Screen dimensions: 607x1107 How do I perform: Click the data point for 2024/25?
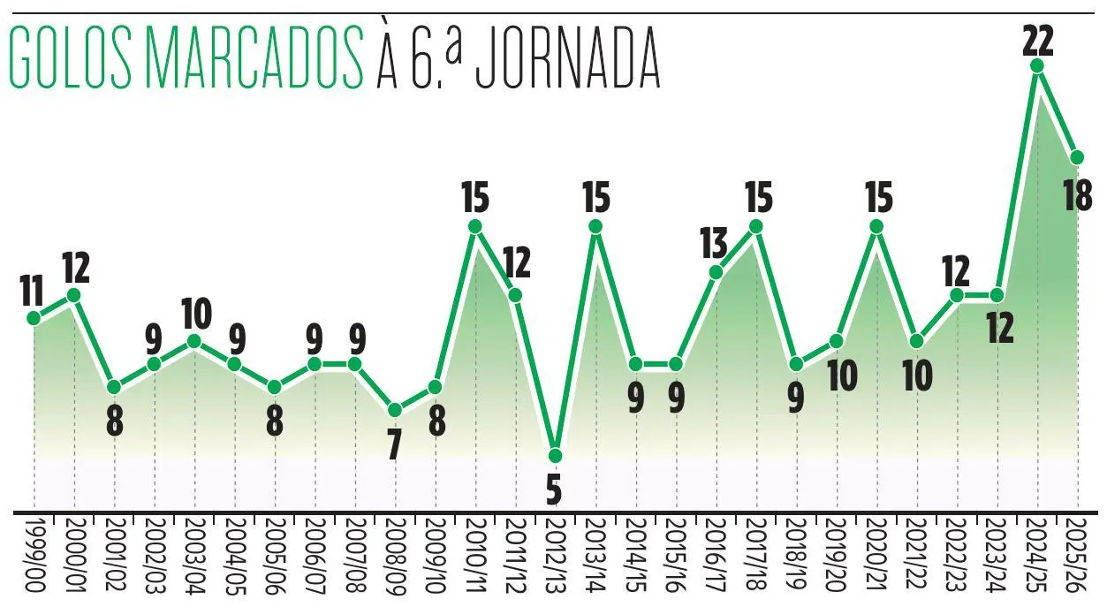pos(1038,65)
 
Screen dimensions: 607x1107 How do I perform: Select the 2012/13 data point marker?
pos(555,456)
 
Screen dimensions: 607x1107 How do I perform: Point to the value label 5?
pos(554,489)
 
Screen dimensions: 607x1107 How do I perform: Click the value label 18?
pos(1078,194)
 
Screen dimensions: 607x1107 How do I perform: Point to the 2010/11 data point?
pos(475,226)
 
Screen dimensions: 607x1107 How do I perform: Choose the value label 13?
pos(713,242)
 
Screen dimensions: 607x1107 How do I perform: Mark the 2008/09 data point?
pos(395,410)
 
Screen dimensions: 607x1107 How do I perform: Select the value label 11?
pos(33,289)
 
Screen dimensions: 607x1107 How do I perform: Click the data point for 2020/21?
pos(877,226)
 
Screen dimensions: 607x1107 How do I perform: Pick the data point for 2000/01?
pos(74,295)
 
